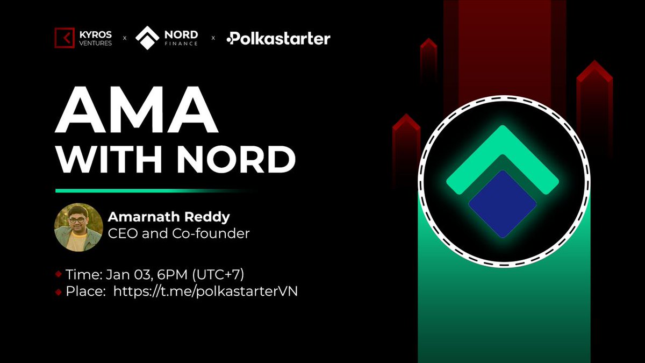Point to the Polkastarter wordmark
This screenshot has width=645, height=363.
(x=278, y=39)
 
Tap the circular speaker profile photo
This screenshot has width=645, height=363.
(x=78, y=227)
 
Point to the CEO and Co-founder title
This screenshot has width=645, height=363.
(x=178, y=234)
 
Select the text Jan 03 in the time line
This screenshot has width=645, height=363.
(x=121, y=274)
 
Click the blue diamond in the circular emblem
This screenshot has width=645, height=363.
(x=503, y=204)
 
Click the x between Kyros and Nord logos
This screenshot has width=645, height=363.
(x=125, y=39)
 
